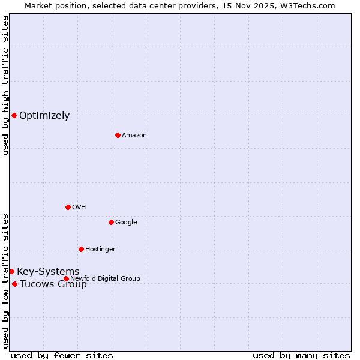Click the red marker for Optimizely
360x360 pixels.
point(14,115)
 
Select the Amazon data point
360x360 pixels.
point(118,135)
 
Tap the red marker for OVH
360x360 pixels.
point(68,207)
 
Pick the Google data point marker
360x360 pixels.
point(111,222)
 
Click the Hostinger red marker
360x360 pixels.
point(81,249)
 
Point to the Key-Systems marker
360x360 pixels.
point(11,271)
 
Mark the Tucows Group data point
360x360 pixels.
point(14,284)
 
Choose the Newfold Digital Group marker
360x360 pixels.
point(66,278)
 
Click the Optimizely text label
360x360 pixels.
point(44,116)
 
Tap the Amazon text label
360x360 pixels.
point(134,135)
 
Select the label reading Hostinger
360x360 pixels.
point(100,249)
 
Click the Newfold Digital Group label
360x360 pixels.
point(105,278)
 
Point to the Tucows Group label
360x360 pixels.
point(53,284)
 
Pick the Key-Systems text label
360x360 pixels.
point(48,272)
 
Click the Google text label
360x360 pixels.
point(126,222)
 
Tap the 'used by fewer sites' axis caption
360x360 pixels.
point(62,355)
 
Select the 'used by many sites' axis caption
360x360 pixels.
point(301,355)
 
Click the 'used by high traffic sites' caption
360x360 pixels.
point(5,85)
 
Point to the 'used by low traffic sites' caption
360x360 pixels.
point(5,281)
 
